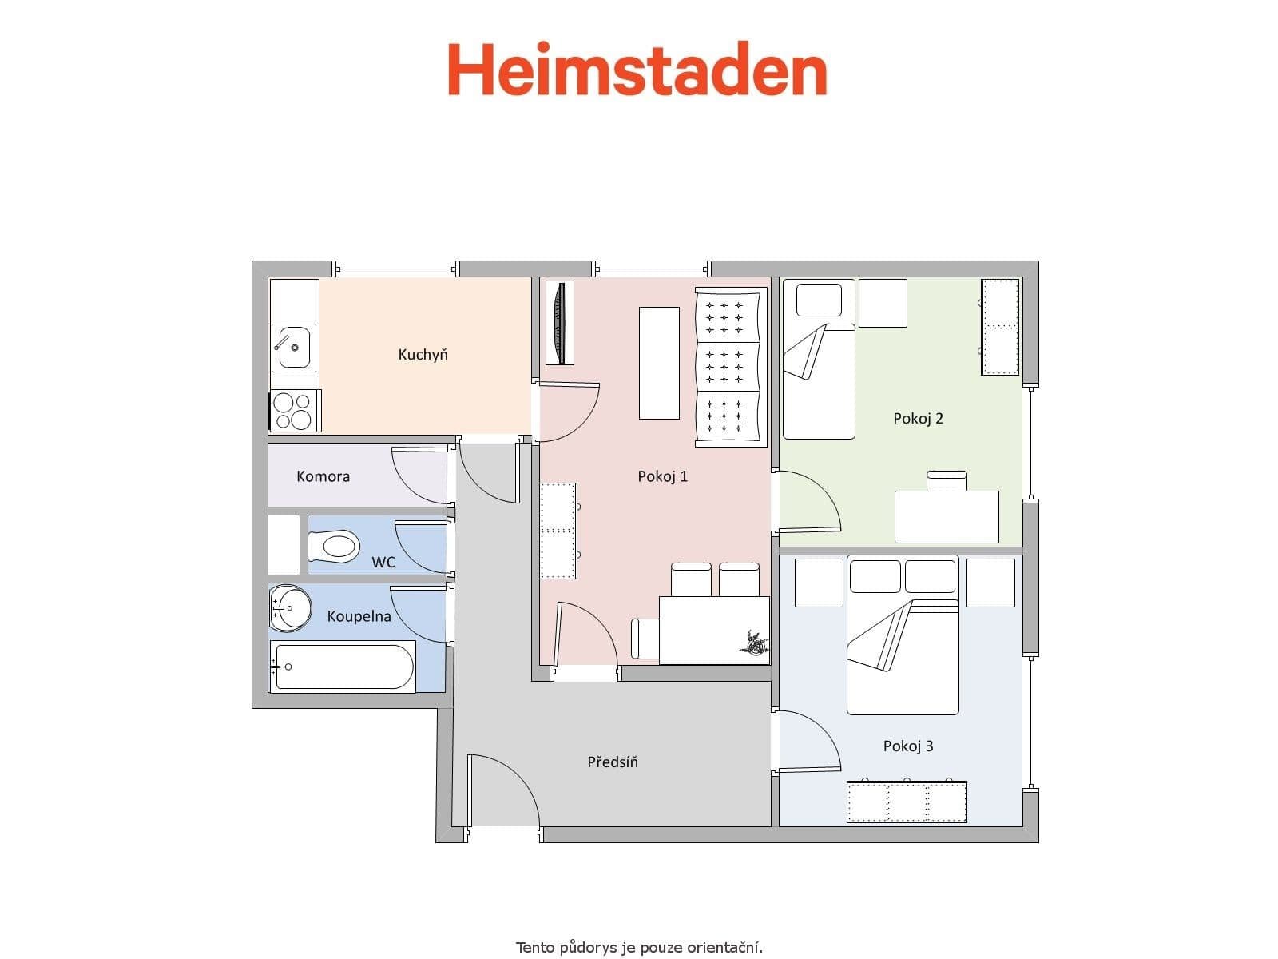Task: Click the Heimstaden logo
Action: click(637, 70)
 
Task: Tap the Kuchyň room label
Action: click(423, 354)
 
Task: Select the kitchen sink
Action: click(293, 348)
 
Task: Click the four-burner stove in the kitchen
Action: click(293, 411)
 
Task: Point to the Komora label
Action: click(323, 476)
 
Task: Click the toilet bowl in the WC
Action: click(335, 547)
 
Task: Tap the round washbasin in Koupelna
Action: click(291, 608)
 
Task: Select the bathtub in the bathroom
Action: click(342, 667)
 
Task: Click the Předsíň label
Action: click(613, 762)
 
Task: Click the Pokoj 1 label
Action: click(662, 476)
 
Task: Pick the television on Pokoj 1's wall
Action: click(559, 322)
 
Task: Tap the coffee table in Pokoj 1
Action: click(659, 363)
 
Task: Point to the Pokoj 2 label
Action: click(918, 418)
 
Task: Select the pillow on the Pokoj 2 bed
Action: click(819, 300)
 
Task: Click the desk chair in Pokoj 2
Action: click(947, 480)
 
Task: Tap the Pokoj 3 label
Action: click(907, 746)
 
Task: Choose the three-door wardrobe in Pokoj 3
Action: click(907, 802)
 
